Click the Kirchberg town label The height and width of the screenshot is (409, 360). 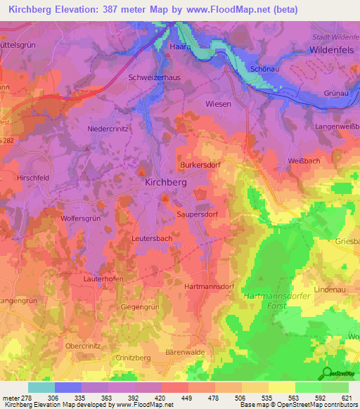(165, 181)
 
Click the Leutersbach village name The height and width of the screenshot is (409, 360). (153, 239)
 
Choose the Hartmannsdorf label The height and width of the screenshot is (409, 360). (209, 287)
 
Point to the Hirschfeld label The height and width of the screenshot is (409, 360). (34, 178)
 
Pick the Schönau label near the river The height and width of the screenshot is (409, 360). (264, 70)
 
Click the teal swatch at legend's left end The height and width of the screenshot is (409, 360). (41, 387)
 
